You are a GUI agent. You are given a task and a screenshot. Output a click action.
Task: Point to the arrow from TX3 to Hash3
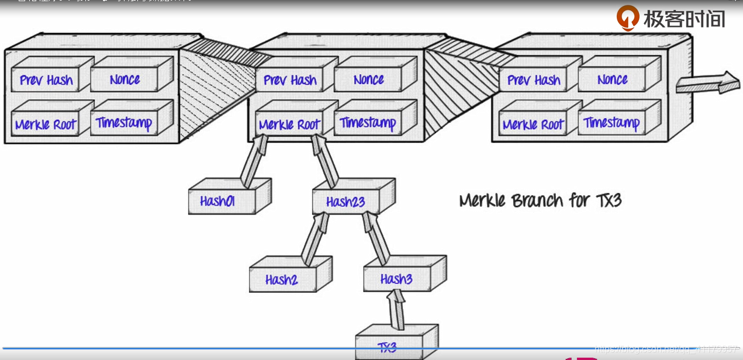(396, 309)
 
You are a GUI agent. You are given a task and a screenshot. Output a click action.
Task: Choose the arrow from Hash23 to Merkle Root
(325, 161)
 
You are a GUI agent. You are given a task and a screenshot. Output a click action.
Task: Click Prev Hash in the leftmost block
(47, 79)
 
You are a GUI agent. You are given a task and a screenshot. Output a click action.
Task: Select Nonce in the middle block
(369, 79)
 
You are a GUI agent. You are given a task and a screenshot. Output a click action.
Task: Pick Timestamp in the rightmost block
(612, 123)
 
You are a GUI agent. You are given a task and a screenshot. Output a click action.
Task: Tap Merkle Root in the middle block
(289, 124)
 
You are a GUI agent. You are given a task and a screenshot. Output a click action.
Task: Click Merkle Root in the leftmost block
(46, 124)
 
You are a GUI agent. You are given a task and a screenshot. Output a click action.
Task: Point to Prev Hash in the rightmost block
(534, 79)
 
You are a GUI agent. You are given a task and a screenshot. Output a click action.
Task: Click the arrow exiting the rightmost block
(706, 82)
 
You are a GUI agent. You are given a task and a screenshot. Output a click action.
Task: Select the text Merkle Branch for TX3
(540, 200)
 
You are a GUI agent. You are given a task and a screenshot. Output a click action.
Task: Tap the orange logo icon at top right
(627, 18)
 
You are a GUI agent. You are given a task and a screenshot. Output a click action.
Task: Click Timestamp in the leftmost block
(125, 123)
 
